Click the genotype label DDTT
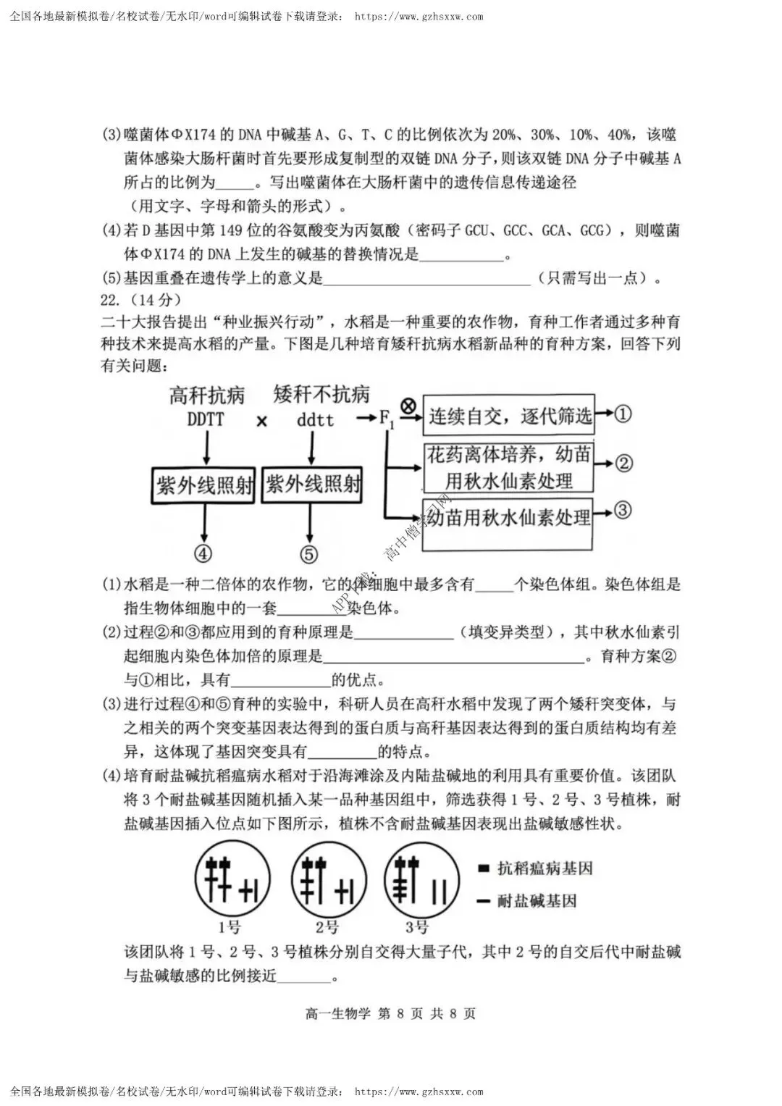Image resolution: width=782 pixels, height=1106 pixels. click(x=206, y=419)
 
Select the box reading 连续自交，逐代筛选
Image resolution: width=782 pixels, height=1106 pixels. click(x=509, y=415)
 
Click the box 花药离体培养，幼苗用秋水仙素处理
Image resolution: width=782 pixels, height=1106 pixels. click(x=508, y=468)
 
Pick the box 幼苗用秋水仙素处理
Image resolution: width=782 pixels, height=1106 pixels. click(x=508, y=524)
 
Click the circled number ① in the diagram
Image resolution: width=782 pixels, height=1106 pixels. click(x=623, y=414)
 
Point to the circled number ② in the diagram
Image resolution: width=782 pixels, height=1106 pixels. click(x=623, y=464)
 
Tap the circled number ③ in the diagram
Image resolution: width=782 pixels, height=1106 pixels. click(x=623, y=510)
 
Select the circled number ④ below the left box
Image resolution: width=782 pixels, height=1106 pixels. click(x=203, y=554)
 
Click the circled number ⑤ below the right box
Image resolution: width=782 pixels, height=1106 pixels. click(x=309, y=554)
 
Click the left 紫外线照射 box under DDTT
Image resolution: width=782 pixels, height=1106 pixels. click(x=203, y=485)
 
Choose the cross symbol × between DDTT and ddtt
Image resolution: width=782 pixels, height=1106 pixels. click(x=261, y=421)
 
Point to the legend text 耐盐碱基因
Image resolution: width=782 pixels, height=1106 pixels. click(x=537, y=901)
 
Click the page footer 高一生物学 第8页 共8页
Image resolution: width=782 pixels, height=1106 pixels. click(x=390, y=1014)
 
